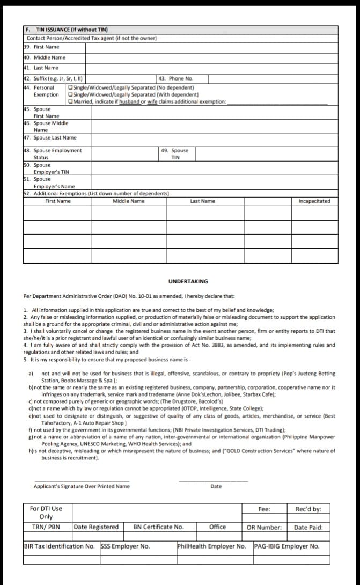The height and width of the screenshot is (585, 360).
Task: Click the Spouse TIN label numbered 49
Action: [x=175, y=154]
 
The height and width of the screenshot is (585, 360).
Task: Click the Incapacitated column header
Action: [x=314, y=201]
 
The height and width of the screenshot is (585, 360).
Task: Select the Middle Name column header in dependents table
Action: [x=128, y=201]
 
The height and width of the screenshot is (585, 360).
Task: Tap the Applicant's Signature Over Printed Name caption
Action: [x=82, y=486]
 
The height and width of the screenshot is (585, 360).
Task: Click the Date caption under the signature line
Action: [x=216, y=486]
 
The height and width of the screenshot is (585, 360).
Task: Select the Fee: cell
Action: [x=264, y=509]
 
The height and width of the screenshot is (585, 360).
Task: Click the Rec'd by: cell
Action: [x=308, y=509]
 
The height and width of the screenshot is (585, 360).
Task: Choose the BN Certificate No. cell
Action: [x=158, y=527]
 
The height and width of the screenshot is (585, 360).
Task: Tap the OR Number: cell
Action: [x=264, y=527]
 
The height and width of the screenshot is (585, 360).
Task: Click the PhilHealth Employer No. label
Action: [x=211, y=546]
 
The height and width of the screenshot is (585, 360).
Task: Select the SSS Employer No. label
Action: [x=125, y=546]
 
